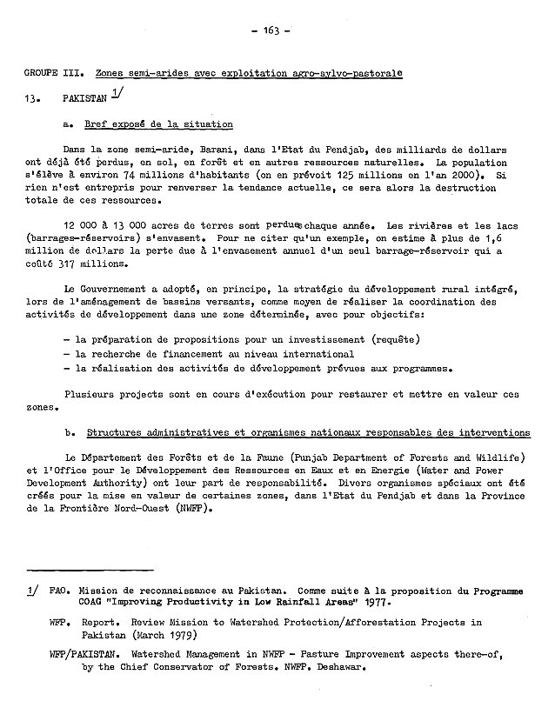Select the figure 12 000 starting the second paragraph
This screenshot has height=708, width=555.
pos(84,224)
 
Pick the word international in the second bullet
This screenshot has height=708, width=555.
pos(315,354)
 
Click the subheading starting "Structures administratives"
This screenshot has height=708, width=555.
pos(308,431)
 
